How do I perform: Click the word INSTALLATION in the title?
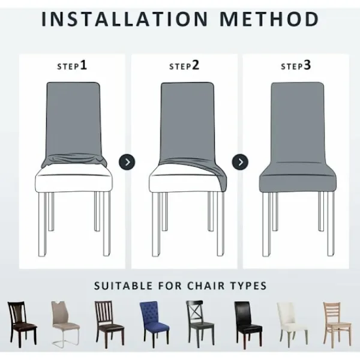click(125, 19)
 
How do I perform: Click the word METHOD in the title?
click(269, 19)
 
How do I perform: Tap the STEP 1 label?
click(72, 65)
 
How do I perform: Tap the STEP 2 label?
click(184, 65)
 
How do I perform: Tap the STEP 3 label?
click(296, 65)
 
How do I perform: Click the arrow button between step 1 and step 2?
click(127, 162)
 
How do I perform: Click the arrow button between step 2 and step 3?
click(240, 162)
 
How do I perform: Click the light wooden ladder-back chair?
click(337, 324)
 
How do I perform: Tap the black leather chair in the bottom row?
click(248, 325)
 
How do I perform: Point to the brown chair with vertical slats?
click(109, 324)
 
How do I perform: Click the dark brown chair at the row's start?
click(22, 324)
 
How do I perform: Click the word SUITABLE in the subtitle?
click(123, 286)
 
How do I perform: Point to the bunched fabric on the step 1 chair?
click(74, 159)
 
